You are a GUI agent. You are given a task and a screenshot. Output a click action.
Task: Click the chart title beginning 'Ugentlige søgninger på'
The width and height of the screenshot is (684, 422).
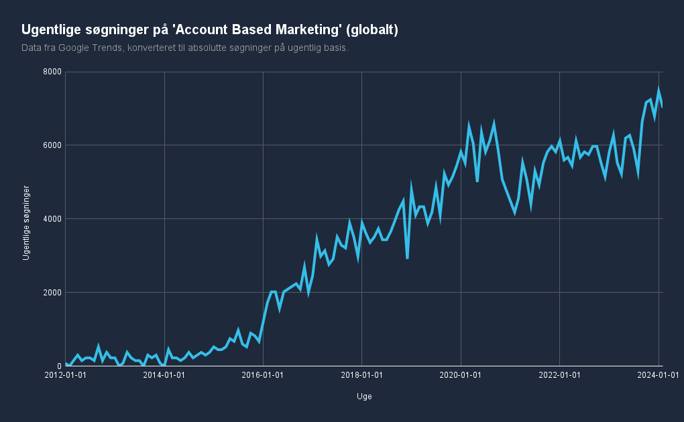point(210,29)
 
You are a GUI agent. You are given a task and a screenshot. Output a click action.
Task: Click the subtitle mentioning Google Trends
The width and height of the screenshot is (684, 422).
point(185,48)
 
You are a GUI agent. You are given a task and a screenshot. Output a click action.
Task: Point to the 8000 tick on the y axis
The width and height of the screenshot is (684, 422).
point(52,72)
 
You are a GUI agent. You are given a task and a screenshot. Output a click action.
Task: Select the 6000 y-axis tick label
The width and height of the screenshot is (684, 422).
point(52,145)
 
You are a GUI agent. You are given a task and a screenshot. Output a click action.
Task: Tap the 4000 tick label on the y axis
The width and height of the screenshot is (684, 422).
point(52,219)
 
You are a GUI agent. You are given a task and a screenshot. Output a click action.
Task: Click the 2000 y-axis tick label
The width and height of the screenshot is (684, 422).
point(52,293)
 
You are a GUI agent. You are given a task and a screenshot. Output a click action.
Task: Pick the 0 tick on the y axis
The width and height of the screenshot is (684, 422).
point(58,366)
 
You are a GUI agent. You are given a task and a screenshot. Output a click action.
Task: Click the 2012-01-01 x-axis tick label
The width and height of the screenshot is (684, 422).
point(65,376)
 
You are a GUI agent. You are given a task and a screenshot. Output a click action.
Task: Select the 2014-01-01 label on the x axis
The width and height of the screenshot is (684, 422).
point(164,376)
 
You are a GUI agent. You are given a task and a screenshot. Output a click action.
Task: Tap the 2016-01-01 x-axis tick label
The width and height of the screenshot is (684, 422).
point(263,376)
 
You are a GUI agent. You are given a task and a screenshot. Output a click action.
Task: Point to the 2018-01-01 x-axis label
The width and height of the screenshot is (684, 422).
point(362,376)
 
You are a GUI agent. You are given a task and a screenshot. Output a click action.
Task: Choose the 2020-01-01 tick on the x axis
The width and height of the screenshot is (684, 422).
point(461,376)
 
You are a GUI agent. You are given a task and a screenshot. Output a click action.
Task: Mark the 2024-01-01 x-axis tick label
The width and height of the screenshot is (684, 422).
point(658,376)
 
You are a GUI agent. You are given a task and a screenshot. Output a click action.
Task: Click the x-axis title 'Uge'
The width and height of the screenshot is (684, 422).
point(364,397)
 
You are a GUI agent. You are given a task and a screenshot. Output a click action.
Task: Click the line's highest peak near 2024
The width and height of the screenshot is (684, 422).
point(659,89)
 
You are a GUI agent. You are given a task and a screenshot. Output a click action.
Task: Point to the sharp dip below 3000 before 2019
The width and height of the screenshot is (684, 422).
point(407,258)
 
